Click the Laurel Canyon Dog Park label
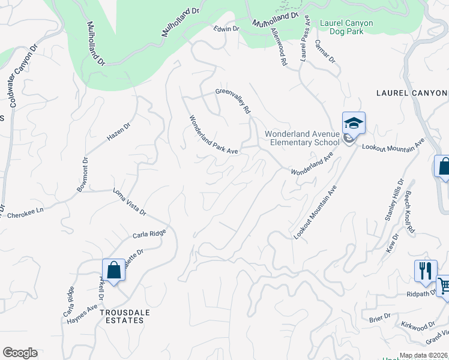[346, 27]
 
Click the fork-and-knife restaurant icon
[425, 270]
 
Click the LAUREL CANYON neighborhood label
[412, 93]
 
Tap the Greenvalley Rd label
[233, 101]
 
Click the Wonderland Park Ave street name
[214, 135]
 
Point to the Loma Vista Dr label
[130, 202]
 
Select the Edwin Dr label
[227, 28]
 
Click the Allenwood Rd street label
[278, 46]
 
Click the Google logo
[20, 353]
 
